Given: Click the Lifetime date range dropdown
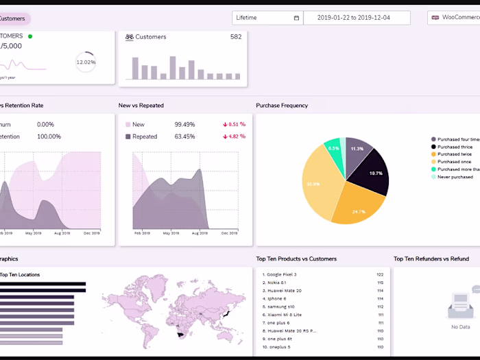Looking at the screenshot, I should point(267,18).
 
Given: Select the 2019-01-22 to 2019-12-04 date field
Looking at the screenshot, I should point(357,18).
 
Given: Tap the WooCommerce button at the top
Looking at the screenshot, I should point(455,18).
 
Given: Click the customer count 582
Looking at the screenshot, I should point(235,37).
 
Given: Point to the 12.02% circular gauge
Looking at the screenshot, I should point(86,62).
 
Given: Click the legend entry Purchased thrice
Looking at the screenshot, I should point(455,147).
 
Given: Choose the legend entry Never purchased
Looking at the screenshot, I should point(455,177).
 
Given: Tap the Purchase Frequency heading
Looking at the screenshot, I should point(282,106).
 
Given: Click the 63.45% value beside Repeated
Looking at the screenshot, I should point(184,136).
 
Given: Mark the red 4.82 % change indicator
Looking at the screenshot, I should point(234,136).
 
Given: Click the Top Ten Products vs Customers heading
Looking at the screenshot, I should point(296,259).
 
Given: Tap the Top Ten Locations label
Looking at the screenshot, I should point(20,275).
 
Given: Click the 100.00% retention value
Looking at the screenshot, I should point(49,136).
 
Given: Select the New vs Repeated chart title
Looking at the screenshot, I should point(141,106).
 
